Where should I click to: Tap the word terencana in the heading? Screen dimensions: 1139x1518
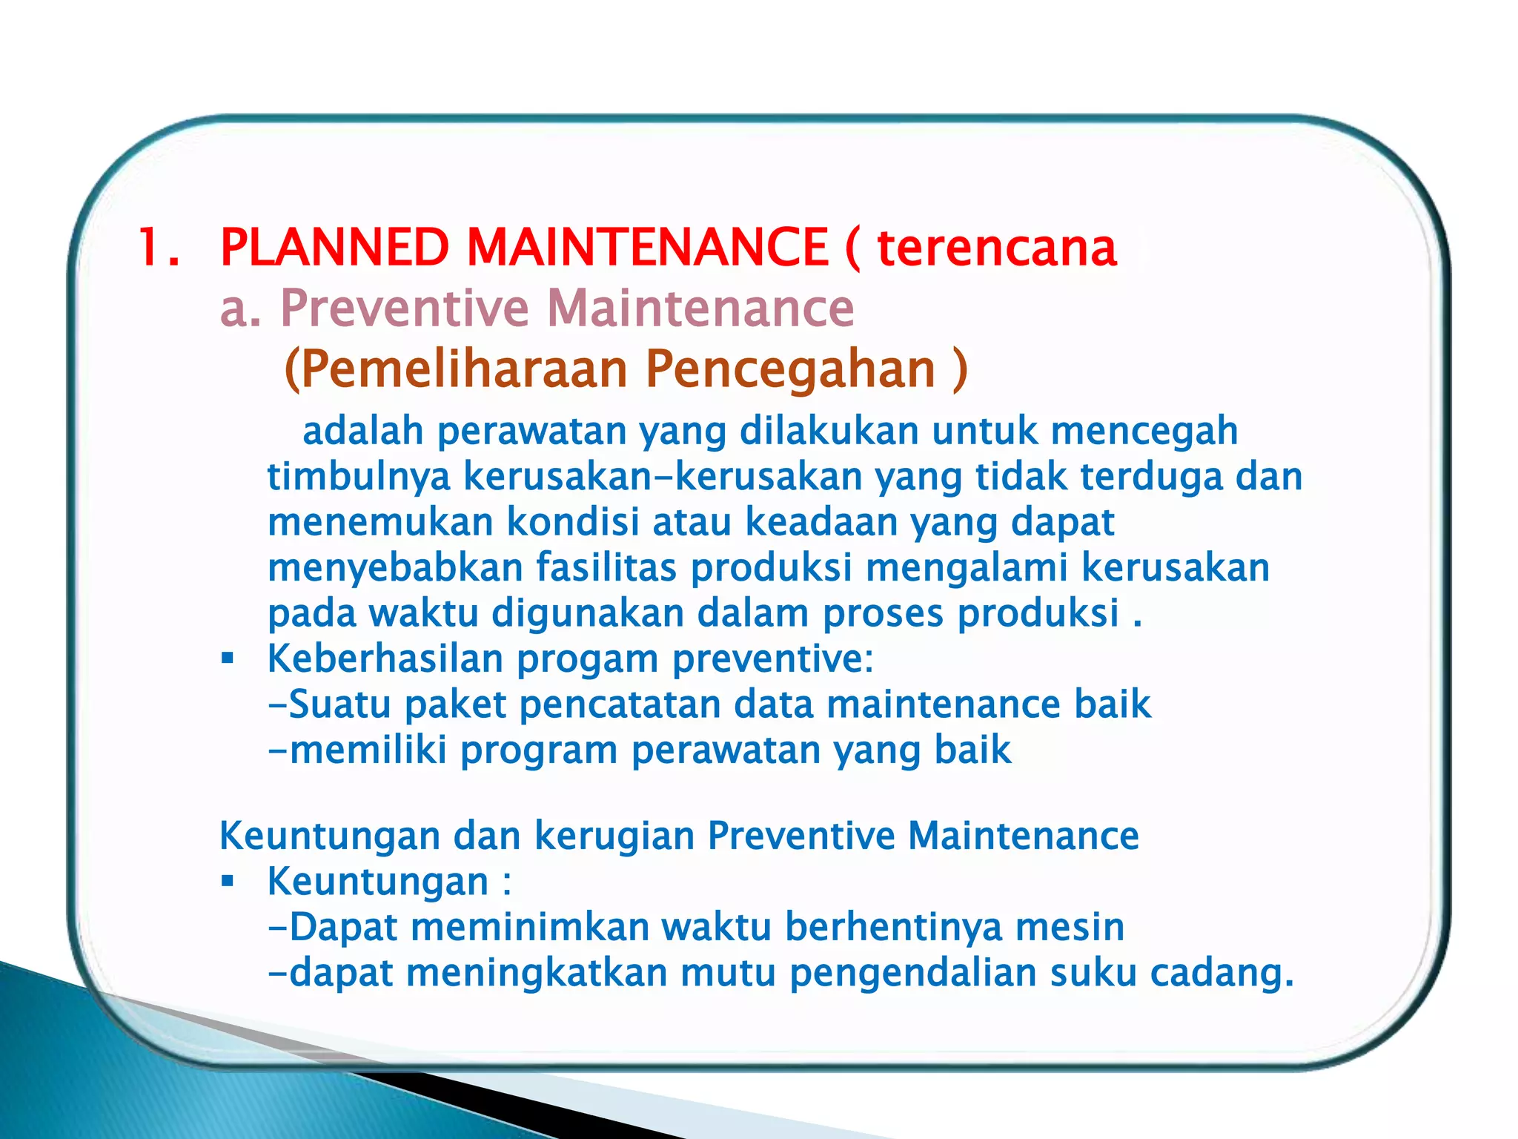[x=997, y=248]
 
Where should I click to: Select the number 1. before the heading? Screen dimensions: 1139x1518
[x=159, y=248]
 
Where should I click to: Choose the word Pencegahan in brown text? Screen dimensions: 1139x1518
[x=790, y=371]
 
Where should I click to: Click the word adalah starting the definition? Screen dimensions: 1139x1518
[x=362, y=431]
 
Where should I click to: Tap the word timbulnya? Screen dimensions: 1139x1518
[x=359, y=477]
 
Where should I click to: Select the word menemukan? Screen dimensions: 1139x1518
[x=380, y=522]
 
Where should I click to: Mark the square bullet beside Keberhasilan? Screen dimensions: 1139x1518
[x=228, y=658]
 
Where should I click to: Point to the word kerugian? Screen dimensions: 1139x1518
[x=614, y=836]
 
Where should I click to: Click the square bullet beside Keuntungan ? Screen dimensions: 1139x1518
[x=228, y=881]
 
